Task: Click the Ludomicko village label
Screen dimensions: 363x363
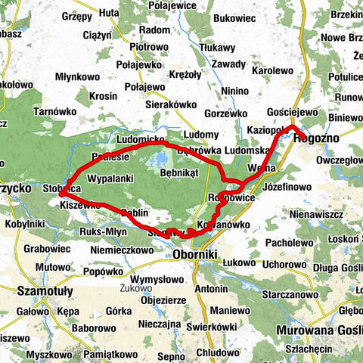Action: tap(141, 141)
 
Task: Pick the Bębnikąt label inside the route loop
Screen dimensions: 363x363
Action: tap(179, 172)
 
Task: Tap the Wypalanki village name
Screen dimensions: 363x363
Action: tap(110, 178)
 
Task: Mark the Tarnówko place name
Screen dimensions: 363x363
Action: tap(52, 110)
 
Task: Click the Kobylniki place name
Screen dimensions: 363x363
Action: tap(23, 223)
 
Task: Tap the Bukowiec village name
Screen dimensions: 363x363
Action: tap(235, 15)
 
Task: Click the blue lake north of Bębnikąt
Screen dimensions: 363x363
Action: tap(160, 160)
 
